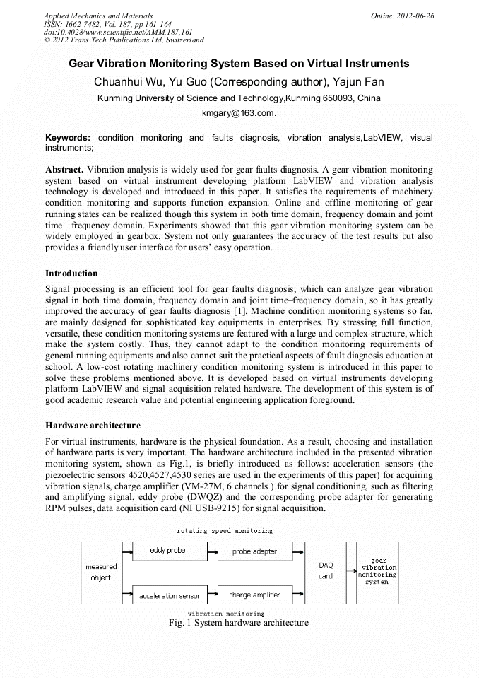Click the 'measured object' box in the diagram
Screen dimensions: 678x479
click(x=101, y=572)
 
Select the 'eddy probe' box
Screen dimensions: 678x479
click(x=167, y=551)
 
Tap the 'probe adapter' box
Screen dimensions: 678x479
click(x=254, y=551)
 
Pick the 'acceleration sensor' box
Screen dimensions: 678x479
click(x=169, y=595)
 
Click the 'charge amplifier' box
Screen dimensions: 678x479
click(x=254, y=595)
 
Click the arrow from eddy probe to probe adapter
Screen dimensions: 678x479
click(x=209, y=551)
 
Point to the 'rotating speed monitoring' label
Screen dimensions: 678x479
click(x=224, y=530)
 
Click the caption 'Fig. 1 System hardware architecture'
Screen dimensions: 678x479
click(x=239, y=623)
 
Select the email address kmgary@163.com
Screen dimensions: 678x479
click(x=239, y=113)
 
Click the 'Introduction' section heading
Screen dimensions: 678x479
click(x=71, y=273)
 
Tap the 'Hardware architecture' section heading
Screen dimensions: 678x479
click(x=93, y=426)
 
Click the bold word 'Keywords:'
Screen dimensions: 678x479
click(x=68, y=137)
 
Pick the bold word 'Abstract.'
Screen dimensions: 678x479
click(x=65, y=170)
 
